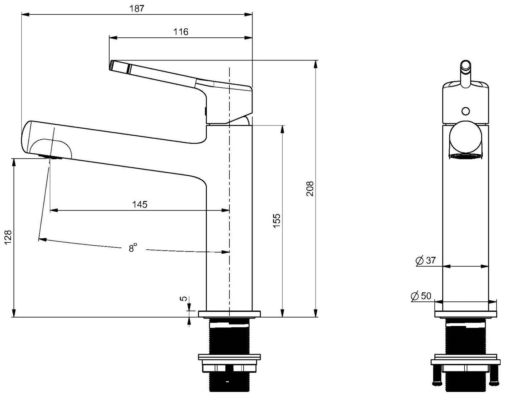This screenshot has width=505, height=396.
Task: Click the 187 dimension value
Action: (x=137, y=8)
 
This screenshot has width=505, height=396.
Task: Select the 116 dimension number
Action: (x=181, y=32)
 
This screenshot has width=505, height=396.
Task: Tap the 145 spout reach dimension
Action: (x=140, y=204)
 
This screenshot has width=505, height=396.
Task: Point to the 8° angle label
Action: (x=133, y=247)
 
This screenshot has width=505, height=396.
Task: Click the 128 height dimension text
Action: (x=8, y=237)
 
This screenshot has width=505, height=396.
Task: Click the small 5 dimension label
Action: (x=183, y=298)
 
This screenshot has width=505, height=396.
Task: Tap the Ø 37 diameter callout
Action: (x=425, y=260)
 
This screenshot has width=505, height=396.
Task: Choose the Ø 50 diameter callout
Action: (x=421, y=296)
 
